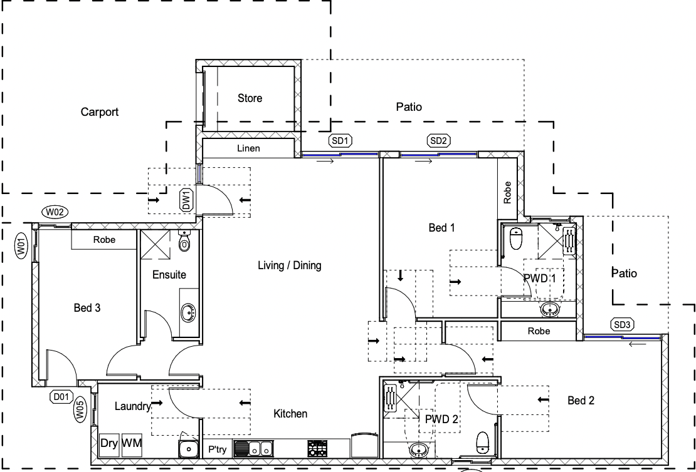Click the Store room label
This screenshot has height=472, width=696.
click(x=250, y=98)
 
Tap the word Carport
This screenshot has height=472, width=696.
click(x=100, y=111)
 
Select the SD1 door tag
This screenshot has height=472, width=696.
click(x=340, y=141)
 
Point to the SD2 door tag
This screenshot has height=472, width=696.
click(x=438, y=140)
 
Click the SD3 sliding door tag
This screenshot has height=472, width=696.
click(x=622, y=325)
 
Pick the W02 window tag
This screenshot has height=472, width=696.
click(x=55, y=212)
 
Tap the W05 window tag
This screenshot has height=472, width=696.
click(x=80, y=409)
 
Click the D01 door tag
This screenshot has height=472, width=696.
click(x=61, y=397)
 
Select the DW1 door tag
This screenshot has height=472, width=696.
click(x=186, y=200)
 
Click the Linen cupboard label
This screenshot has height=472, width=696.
click(x=248, y=148)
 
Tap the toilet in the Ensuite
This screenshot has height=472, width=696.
click(x=184, y=240)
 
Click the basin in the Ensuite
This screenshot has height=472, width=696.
click(x=189, y=313)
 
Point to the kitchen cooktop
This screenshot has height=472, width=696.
click(x=317, y=448)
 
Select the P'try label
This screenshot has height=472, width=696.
click(x=218, y=449)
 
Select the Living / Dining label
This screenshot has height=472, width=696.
click(x=290, y=265)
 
